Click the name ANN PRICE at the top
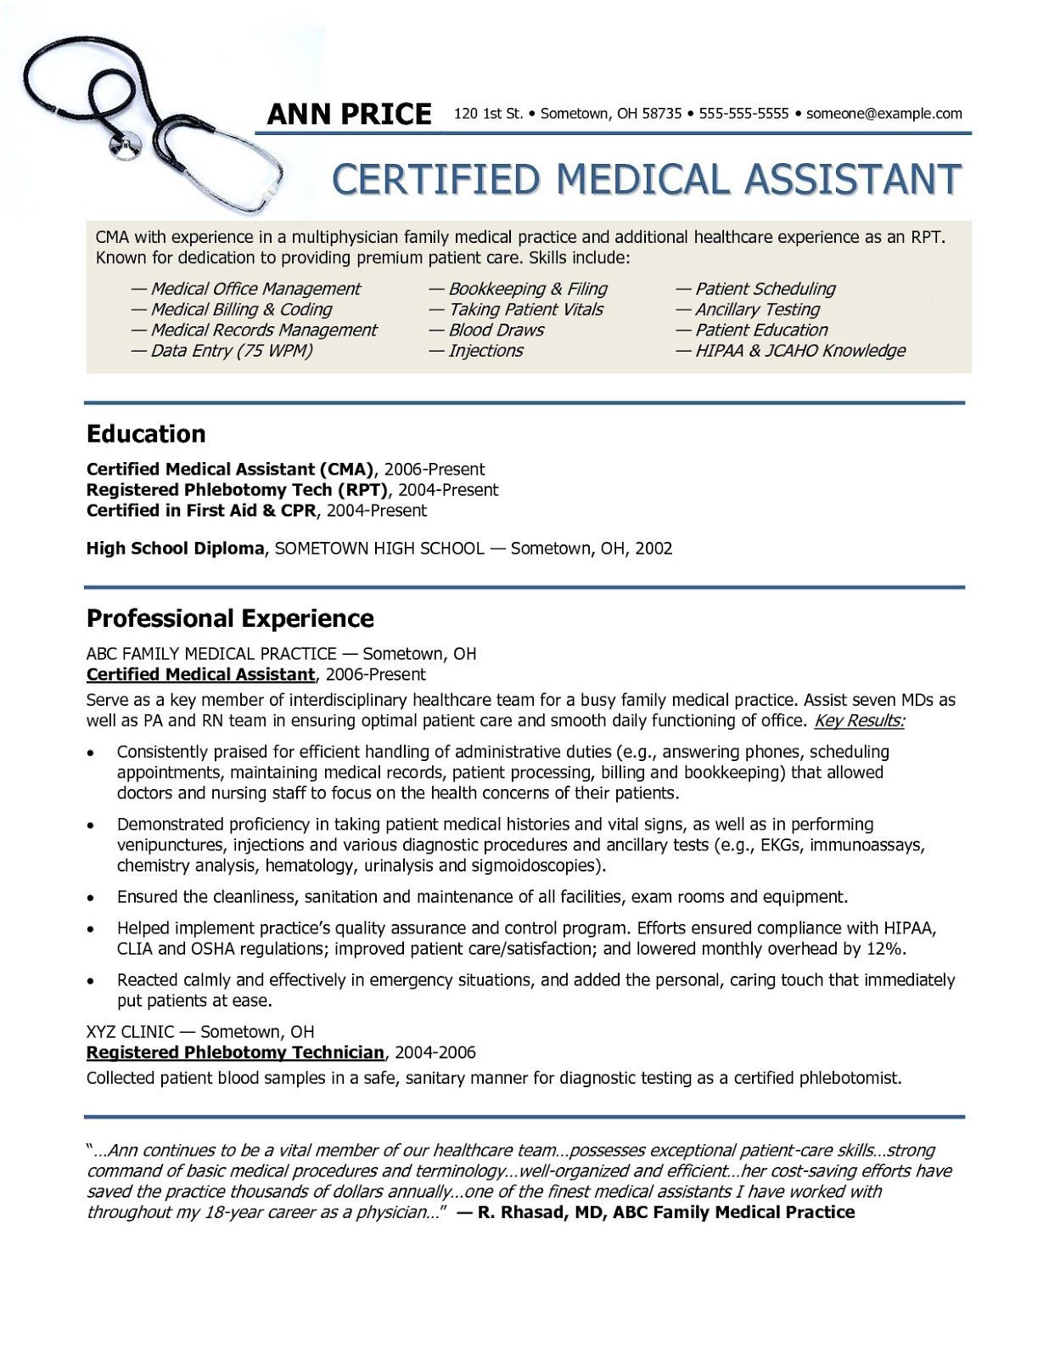[x=349, y=114]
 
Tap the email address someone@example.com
[x=884, y=114]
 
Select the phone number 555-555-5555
[x=743, y=114]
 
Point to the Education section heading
[x=146, y=434]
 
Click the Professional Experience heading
[x=230, y=618]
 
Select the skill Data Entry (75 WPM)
[x=222, y=351]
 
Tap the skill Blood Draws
[x=486, y=330]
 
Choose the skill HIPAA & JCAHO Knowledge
[x=790, y=351]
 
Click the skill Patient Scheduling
[x=755, y=289]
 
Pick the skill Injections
[x=476, y=351]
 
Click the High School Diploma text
[x=176, y=549]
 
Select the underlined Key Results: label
[x=859, y=721]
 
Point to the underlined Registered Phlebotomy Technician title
[x=235, y=1053]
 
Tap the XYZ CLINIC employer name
[x=130, y=1032]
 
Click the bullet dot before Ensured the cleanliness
[x=91, y=898]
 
